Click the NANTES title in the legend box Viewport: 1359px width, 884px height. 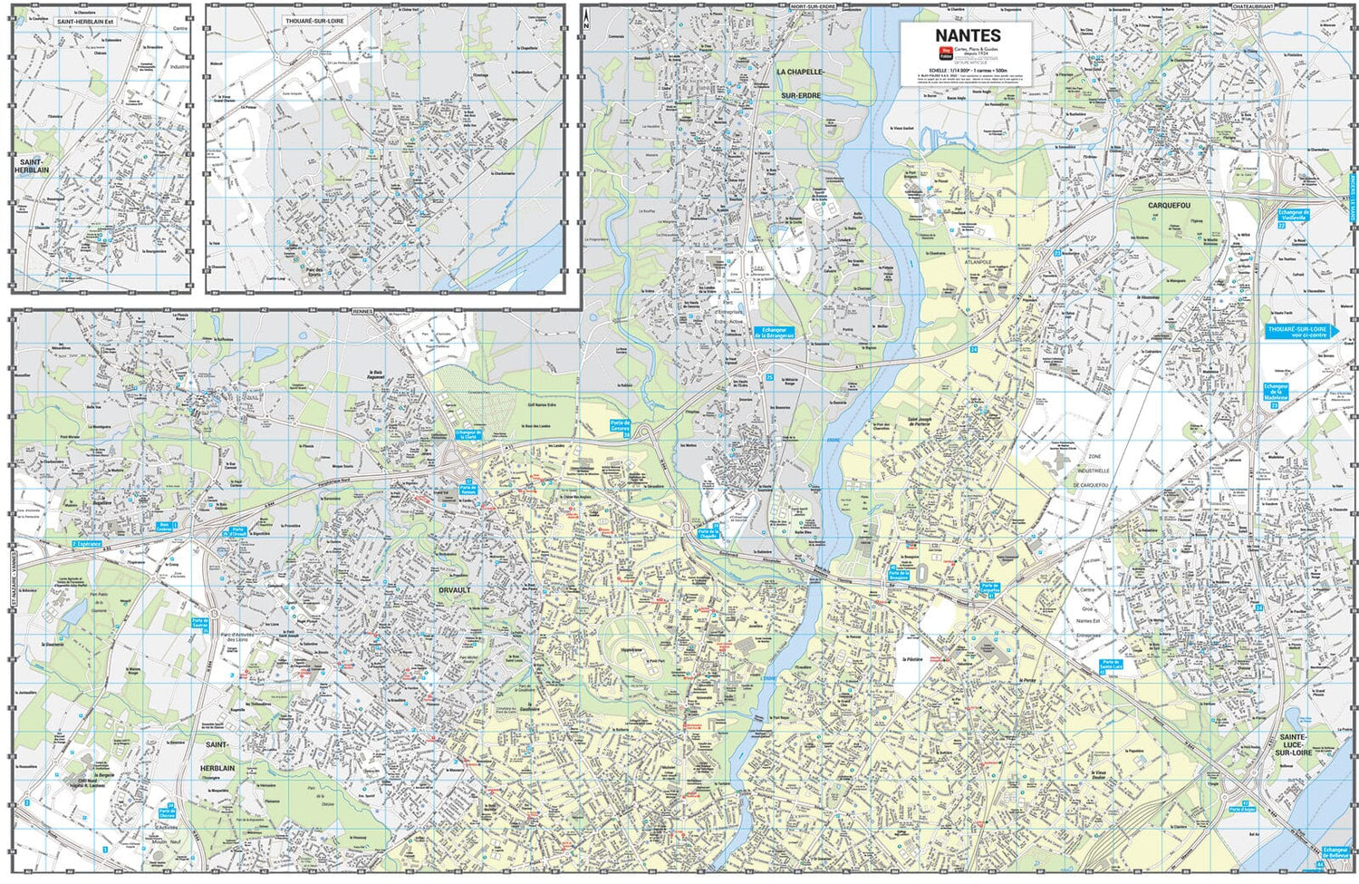pyautogui.click(x=968, y=35)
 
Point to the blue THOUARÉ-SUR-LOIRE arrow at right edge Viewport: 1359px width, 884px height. pyautogui.click(x=1301, y=331)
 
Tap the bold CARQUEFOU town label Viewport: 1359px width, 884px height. pyautogui.click(x=1168, y=206)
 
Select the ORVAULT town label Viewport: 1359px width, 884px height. pyautogui.click(x=455, y=590)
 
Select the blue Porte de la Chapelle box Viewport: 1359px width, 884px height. pyautogui.click(x=706, y=533)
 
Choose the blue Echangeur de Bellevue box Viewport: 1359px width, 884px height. pyautogui.click(x=1335, y=853)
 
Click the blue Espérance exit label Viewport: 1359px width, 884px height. pyautogui.click(x=87, y=544)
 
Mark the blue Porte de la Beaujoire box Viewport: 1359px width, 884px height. pyautogui.click(x=898, y=573)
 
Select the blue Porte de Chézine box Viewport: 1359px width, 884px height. pyautogui.click(x=167, y=813)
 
